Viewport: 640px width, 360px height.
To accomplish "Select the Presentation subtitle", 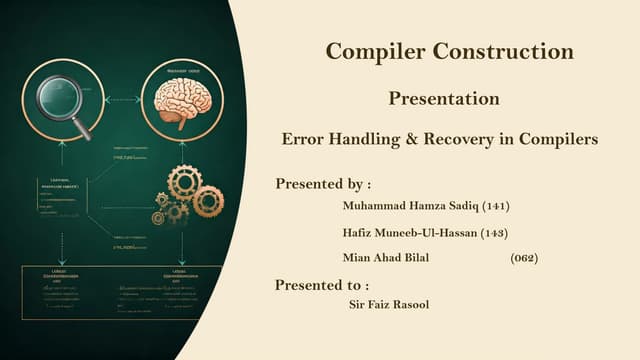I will coord(444,99).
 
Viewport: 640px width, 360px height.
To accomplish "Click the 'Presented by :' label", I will coord(323,184).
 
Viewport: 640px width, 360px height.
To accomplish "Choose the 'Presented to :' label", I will coord(322,285).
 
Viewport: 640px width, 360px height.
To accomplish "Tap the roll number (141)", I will coord(496,207).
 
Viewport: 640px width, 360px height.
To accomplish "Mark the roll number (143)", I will coord(495,233).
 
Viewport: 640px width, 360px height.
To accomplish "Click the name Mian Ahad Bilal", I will coord(387,258).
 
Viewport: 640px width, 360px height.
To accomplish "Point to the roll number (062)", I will coord(524,258).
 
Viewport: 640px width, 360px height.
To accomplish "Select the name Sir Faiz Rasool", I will coord(385,304).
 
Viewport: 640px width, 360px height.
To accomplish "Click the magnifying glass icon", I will coord(58,100).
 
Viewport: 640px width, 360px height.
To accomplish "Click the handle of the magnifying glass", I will coord(80,128).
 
